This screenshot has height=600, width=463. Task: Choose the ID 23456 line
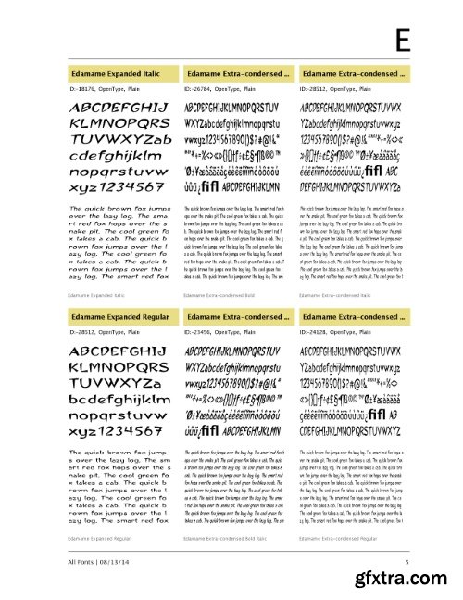click(219, 331)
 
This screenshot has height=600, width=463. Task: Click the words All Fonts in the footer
click(83, 562)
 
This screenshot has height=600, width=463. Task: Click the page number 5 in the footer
click(406, 562)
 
